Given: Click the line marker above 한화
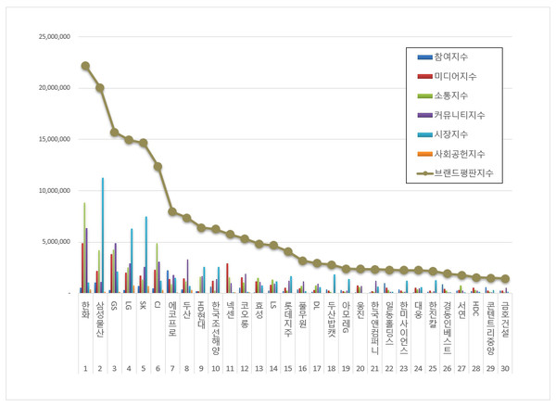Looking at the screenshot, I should pyautogui.click(x=85, y=66).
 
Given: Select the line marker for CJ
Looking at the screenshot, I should pyautogui.click(x=158, y=166).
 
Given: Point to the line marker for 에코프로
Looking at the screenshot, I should pyautogui.click(x=172, y=211).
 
